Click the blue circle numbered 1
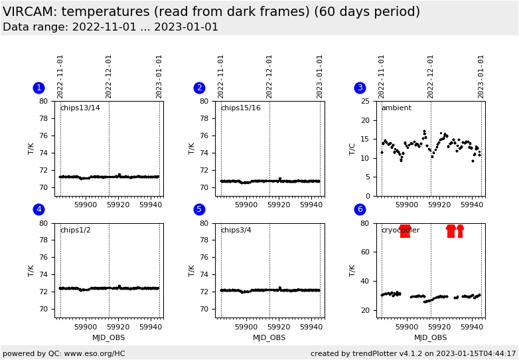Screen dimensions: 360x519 (x=38, y=88)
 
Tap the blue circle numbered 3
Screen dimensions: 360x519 (x=360, y=88)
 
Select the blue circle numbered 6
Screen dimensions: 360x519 (x=360, y=209)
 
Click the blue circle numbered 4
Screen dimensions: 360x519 (x=38, y=209)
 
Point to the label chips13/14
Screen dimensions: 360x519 (x=80, y=108)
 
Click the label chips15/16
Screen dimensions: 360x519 (x=240, y=108)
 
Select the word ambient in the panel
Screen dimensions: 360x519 (x=396, y=108)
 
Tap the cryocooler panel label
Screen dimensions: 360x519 (x=400, y=230)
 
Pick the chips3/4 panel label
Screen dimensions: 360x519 (x=236, y=230)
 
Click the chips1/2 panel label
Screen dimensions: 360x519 (x=75, y=230)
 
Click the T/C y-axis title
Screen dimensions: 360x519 (x=353, y=148)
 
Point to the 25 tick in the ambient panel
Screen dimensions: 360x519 (x=364, y=101)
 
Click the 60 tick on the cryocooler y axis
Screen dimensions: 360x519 (x=364, y=252)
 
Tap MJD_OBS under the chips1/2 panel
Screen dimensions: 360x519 (x=109, y=337)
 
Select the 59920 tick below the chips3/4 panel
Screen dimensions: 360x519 (x=279, y=326)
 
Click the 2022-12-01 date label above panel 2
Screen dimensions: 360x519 (x=269, y=76)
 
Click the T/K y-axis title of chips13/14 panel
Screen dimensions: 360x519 (x=31, y=148)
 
